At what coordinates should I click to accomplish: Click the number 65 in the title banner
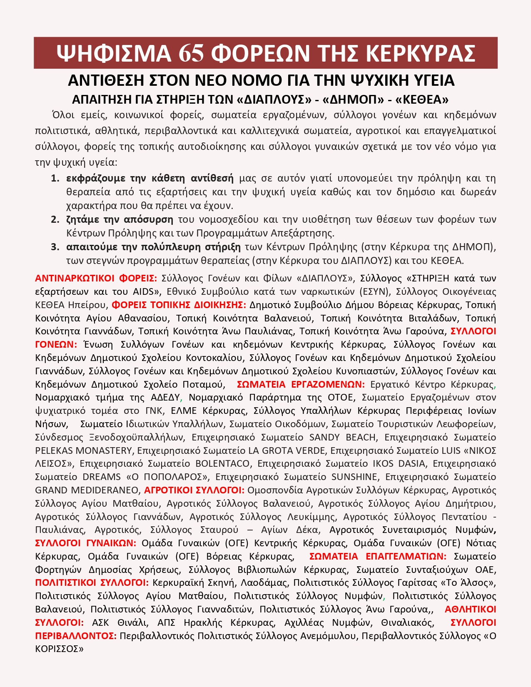tap(192, 53)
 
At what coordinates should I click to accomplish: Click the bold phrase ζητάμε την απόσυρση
tap(120, 219)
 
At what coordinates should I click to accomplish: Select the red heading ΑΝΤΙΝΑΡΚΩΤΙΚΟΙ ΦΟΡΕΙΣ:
tap(96, 278)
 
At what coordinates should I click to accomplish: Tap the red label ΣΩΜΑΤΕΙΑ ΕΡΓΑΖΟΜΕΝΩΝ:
tap(301, 384)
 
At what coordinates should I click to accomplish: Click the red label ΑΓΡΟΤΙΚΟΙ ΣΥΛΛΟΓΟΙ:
tap(194, 490)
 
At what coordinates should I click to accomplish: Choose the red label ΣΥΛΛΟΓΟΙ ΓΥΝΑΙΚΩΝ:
tap(86, 543)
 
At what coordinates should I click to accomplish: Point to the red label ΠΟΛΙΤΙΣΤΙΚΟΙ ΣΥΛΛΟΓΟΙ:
tap(92, 583)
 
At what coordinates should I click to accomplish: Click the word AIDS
tap(144, 291)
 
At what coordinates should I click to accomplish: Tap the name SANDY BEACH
tap(342, 437)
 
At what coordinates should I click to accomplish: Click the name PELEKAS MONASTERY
tap(83, 451)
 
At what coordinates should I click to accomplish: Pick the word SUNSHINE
tap(354, 477)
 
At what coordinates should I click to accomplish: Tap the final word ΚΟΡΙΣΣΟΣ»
tap(59, 649)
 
